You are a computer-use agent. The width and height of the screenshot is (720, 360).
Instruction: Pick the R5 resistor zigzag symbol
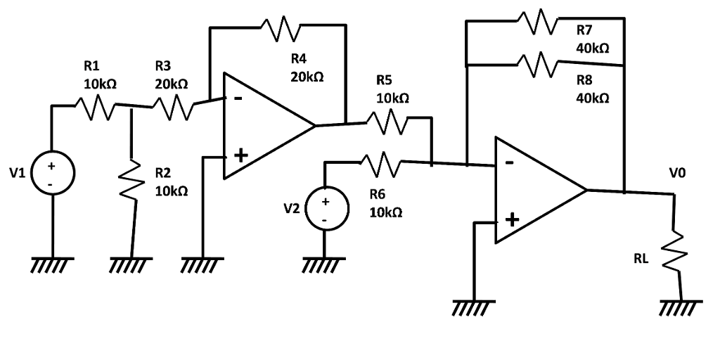[385, 122]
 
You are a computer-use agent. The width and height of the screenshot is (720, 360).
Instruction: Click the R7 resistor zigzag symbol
[538, 20]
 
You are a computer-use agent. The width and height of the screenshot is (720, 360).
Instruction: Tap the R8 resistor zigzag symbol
[538, 65]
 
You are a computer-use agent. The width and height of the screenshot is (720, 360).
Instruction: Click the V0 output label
[679, 171]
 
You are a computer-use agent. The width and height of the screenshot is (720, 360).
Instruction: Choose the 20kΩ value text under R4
[307, 77]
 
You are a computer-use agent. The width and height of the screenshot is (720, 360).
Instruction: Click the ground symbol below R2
[131, 265]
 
